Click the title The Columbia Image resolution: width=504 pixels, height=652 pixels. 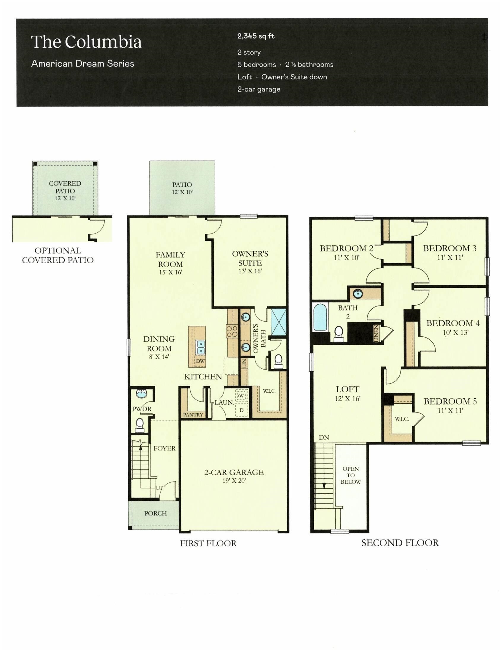point(86,42)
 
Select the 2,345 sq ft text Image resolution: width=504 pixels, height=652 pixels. point(256,36)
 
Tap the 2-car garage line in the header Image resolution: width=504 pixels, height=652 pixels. point(259,89)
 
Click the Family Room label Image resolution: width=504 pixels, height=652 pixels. point(170,259)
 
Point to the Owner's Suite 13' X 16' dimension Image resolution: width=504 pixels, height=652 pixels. point(250,271)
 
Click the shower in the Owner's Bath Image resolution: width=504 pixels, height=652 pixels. point(278,322)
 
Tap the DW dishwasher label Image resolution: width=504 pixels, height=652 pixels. point(200,361)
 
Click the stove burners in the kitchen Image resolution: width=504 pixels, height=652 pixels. point(232,331)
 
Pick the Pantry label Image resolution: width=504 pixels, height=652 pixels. point(193,415)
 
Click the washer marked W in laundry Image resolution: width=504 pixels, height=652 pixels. point(241,396)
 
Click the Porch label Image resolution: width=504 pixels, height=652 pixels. point(155,513)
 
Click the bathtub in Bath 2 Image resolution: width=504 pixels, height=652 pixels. point(320,317)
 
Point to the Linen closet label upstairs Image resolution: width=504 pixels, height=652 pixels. point(376,333)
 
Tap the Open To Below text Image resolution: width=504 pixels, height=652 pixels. point(350,475)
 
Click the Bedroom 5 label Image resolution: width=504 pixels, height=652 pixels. point(450,401)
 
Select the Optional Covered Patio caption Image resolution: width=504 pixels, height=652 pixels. point(58,255)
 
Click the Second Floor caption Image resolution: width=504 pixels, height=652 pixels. point(400,543)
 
